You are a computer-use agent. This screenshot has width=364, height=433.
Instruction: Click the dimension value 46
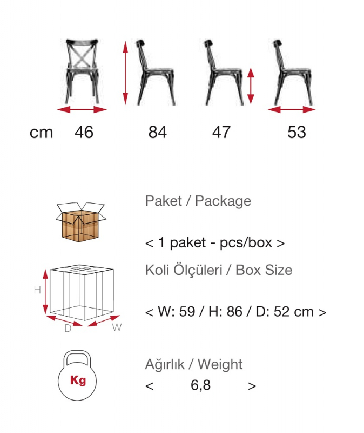(84, 132)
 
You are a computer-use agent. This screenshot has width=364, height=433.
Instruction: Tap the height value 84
(158, 132)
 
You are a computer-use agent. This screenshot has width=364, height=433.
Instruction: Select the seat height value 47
(221, 132)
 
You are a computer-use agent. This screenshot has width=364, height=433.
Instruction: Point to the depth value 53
(296, 132)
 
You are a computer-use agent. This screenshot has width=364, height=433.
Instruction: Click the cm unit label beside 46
(42, 133)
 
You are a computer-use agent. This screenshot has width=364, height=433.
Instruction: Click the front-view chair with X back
(82, 71)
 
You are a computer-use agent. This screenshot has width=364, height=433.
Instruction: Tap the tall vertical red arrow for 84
(125, 73)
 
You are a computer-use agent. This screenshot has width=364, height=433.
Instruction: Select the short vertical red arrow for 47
(251, 86)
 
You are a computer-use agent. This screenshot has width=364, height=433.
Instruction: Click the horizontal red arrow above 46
(82, 110)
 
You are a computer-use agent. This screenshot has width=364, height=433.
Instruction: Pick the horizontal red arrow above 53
(292, 110)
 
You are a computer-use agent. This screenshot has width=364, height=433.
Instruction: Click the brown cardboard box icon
(80, 222)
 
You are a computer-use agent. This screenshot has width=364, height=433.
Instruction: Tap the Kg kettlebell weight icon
(77, 376)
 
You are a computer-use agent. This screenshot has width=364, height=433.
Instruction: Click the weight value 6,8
(200, 385)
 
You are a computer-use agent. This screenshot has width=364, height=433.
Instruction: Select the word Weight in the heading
(220, 364)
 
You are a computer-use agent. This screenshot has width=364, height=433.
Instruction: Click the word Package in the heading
(223, 201)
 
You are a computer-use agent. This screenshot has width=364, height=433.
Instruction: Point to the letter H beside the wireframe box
(37, 290)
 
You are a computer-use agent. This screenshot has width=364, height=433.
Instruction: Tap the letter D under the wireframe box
(68, 329)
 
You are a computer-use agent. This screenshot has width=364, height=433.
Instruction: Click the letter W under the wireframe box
(117, 327)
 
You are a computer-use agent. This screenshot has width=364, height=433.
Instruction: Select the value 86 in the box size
(234, 312)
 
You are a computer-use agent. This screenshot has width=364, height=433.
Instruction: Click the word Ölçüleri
(198, 270)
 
